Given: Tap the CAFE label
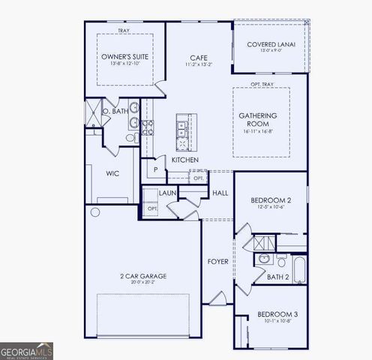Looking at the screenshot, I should click(x=198, y=58).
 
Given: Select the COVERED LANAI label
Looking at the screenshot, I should click(x=271, y=44).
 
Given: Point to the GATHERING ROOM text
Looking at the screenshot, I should click(x=259, y=120).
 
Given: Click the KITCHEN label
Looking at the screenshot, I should click(x=185, y=160).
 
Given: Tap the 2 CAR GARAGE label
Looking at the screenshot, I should click(x=142, y=276).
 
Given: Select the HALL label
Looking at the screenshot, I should click(x=220, y=193).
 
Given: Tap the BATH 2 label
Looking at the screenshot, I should click(x=279, y=277).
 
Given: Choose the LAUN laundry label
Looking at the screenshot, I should click(x=167, y=193).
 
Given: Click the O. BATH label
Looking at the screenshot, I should click(x=115, y=111).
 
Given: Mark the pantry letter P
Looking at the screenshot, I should click(x=155, y=170).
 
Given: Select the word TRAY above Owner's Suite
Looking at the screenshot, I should click(x=123, y=31).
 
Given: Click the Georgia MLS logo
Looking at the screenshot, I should click(x=27, y=350).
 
